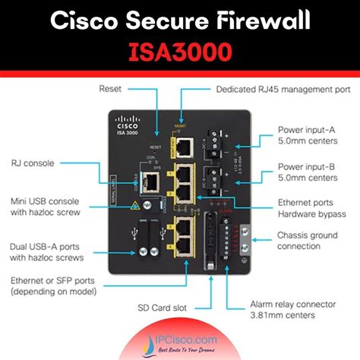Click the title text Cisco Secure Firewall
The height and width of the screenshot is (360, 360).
tap(180, 21)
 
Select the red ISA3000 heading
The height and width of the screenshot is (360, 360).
tap(180, 52)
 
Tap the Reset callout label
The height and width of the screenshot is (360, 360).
tap(111, 89)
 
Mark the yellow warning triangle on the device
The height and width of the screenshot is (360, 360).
tap(137, 205)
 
